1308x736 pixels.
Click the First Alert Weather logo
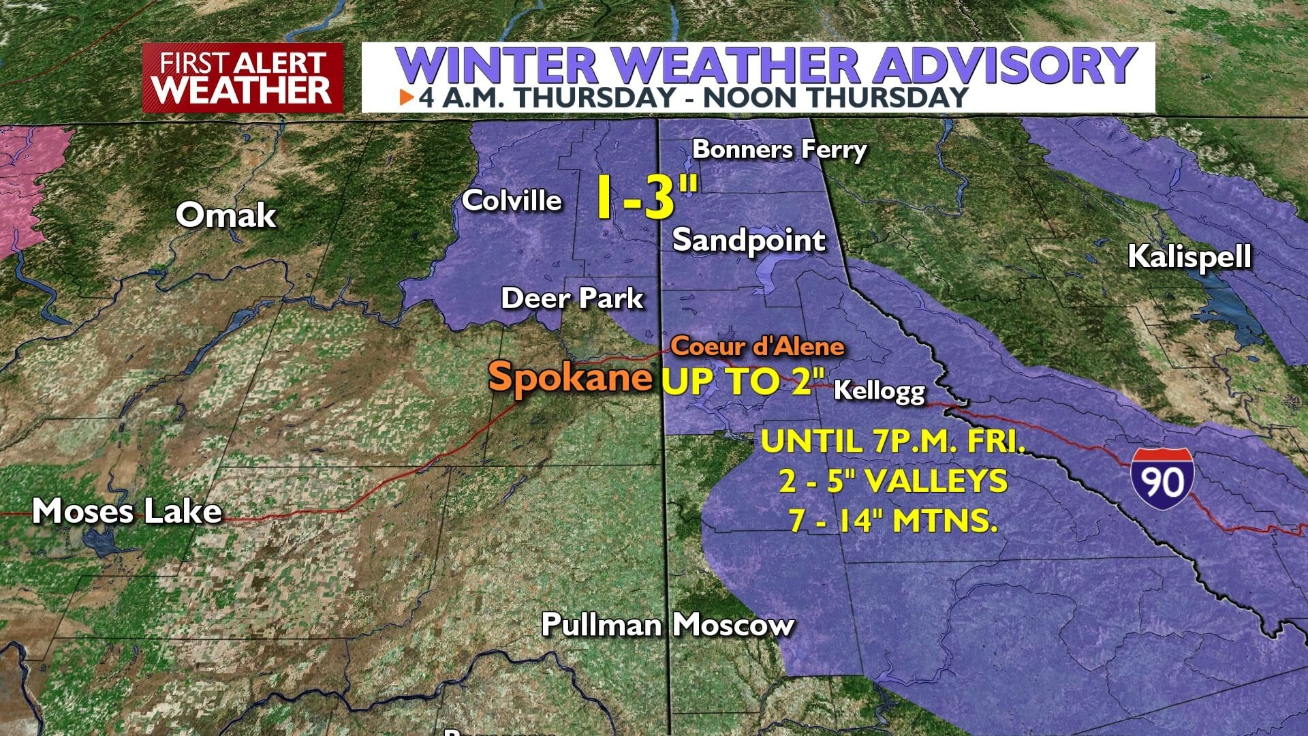[243, 78]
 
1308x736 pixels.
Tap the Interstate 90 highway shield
[1162, 482]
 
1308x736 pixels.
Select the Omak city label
[225, 215]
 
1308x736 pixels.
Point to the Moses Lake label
[127, 511]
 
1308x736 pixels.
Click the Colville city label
[512, 200]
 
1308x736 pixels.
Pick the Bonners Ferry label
[779, 149]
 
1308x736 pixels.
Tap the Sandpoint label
[749, 240]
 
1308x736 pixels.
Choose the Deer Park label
[572, 298]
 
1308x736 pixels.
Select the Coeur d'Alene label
[758, 346]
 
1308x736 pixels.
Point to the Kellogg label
[879, 390]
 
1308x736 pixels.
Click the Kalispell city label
[1189, 257]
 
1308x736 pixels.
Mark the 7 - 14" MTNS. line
[893, 521]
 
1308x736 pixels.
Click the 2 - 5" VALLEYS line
[893, 481]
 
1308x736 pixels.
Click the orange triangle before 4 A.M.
[407, 97]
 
